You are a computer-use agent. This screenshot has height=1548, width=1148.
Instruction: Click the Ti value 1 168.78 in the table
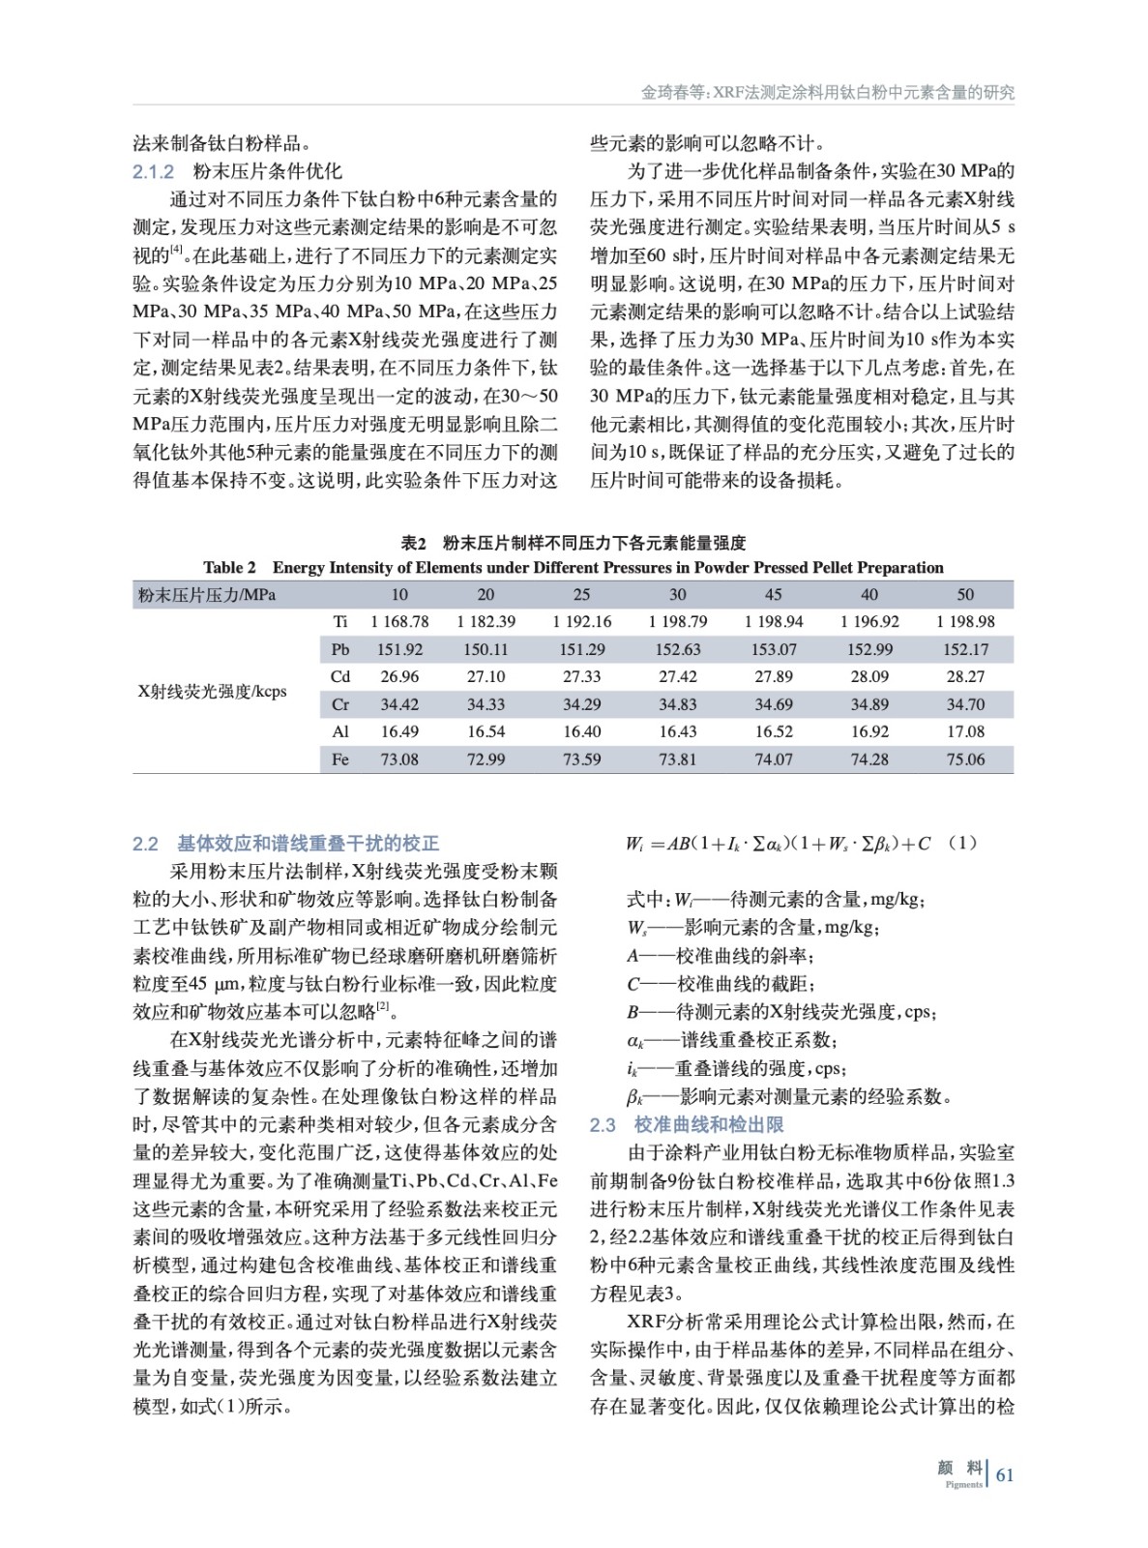(399, 621)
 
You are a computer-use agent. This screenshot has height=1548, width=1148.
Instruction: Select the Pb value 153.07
(774, 649)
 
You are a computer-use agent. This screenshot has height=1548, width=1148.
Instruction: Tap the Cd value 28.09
(869, 676)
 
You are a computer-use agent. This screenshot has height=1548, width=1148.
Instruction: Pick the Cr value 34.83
(678, 704)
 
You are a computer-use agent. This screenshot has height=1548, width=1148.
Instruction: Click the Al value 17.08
(965, 731)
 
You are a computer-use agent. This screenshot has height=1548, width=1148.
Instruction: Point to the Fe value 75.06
(965, 759)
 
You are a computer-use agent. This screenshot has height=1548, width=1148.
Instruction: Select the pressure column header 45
(774, 594)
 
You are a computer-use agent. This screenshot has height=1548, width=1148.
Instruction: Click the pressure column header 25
(582, 594)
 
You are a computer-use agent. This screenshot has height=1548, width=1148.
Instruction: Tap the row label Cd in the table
(340, 676)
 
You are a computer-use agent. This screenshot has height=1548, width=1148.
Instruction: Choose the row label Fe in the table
(340, 759)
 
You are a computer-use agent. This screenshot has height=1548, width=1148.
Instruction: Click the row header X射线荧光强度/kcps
(213, 691)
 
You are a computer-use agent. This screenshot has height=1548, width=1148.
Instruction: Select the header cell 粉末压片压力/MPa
(207, 594)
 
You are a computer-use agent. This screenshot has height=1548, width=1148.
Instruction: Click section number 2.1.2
(153, 172)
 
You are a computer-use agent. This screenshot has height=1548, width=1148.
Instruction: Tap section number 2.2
(145, 844)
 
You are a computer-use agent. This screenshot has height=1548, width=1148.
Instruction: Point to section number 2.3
(603, 1124)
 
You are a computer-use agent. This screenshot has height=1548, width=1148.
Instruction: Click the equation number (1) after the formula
(962, 843)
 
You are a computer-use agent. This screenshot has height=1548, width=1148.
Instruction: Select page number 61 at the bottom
(1005, 1474)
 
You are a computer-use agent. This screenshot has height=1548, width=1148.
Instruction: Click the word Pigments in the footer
(963, 1484)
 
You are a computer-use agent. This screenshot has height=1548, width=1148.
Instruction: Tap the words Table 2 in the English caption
(229, 568)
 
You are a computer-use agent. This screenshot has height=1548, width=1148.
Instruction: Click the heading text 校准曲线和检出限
(709, 1124)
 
